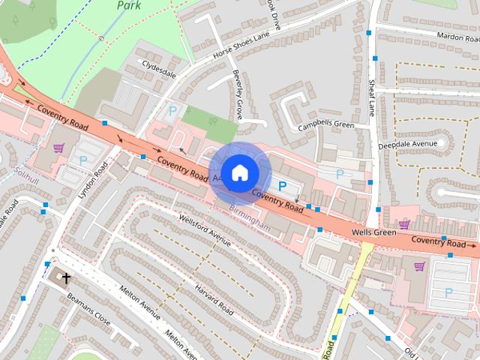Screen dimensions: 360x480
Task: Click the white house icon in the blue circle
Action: (x=239, y=172)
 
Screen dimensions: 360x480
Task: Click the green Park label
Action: (x=129, y=5)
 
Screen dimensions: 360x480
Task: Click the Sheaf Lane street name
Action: (x=370, y=97)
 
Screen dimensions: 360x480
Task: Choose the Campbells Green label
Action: (x=325, y=124)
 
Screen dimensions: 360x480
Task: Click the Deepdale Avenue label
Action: (x=407, y=143)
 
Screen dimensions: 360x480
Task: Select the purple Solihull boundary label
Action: (x=26, y=172)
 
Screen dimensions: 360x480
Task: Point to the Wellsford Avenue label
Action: (x=205, y=229)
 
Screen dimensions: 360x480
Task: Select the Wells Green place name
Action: (x=373, y=233)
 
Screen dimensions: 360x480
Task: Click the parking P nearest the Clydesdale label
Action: (x=172, y=112)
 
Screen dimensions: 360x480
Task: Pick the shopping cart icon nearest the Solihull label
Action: (x=58, y=148)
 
